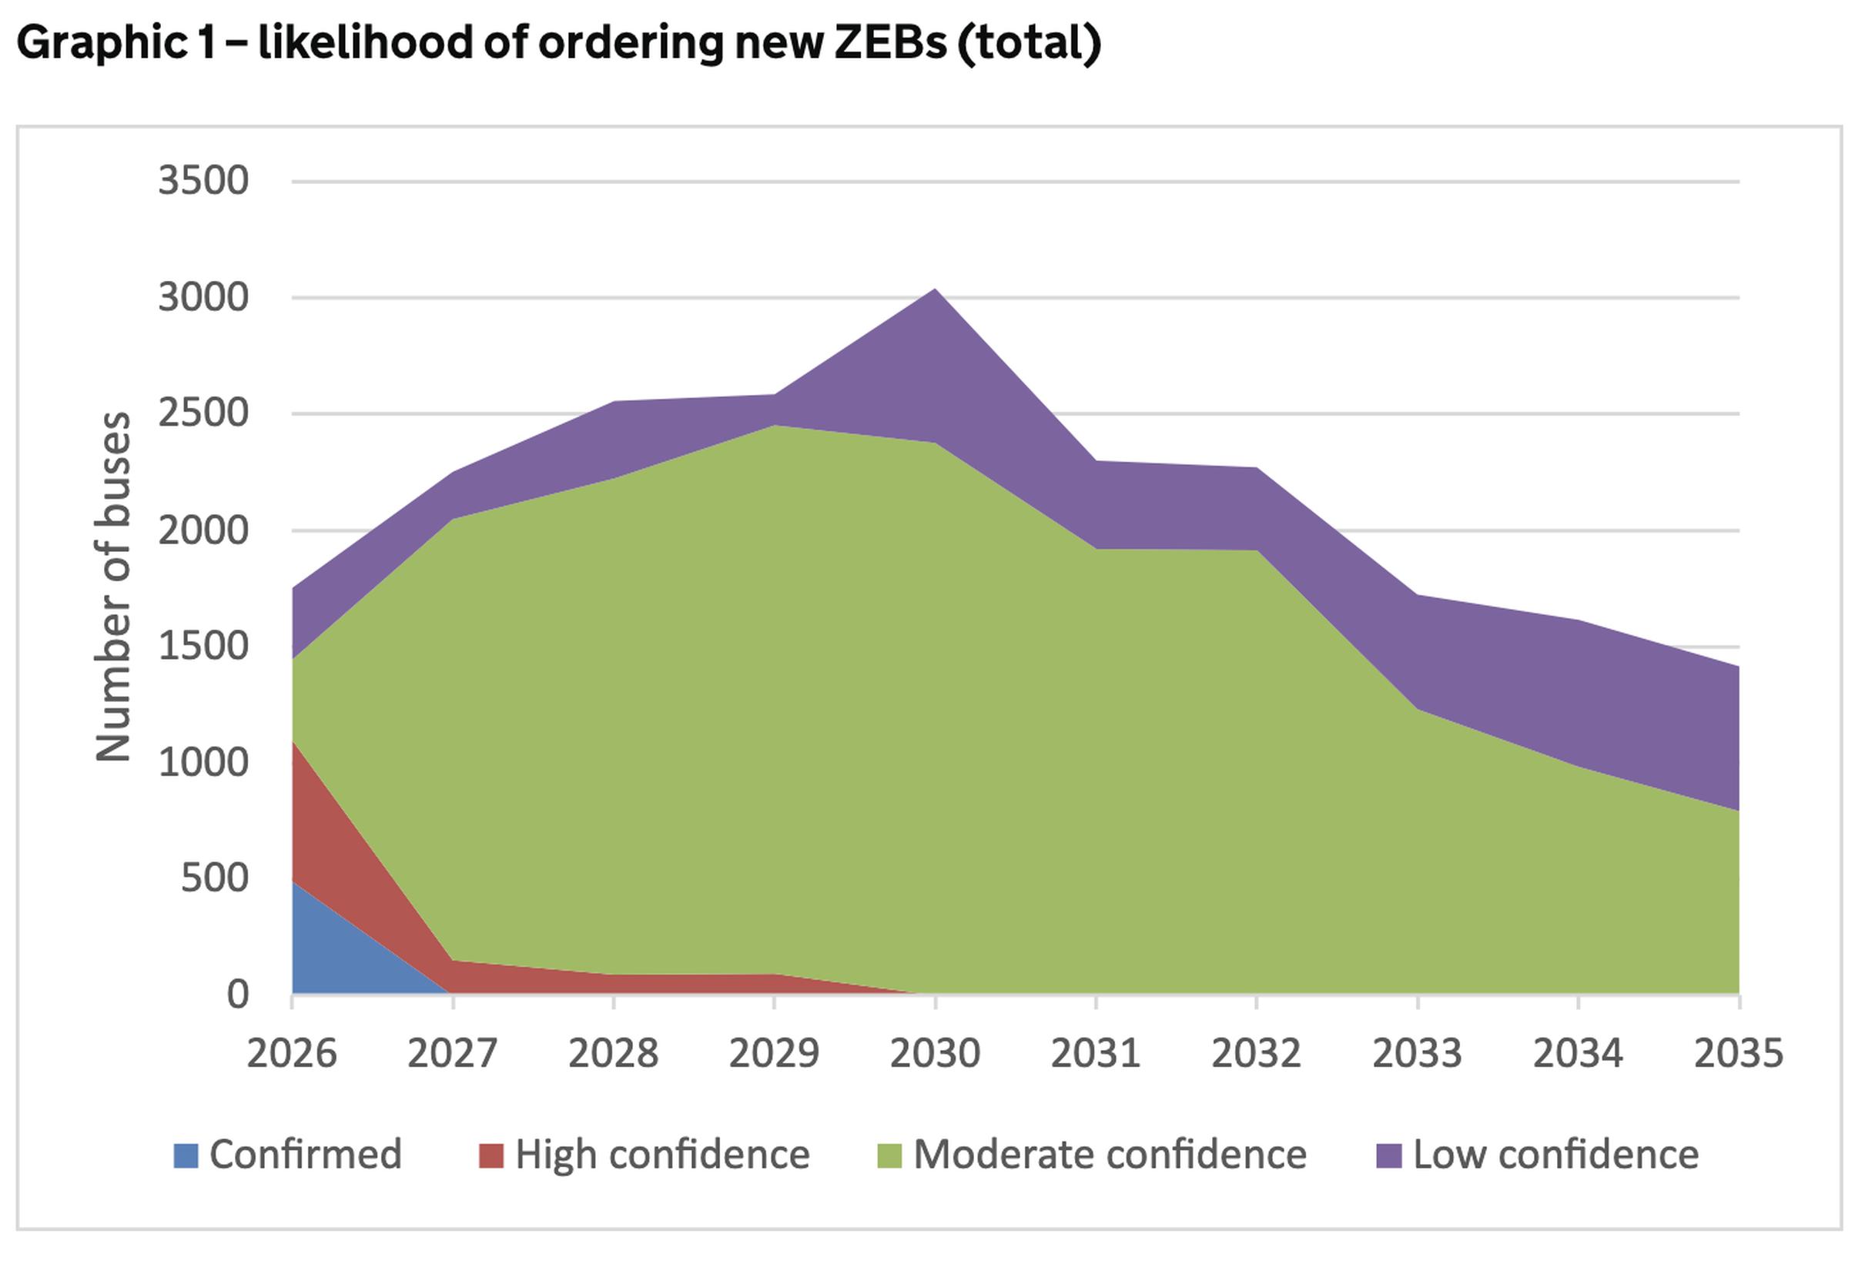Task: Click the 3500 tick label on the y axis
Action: [203, 181]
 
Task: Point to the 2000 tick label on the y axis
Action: [203, 531]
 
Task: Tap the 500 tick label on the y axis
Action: [214, 878]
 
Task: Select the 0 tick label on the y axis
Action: [237, 995]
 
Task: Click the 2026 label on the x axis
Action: [291, 1054]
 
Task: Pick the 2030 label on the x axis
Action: [934, 1054]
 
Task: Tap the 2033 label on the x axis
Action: [1417, 1054]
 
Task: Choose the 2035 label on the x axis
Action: [1739, 1054]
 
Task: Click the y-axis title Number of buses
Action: [113, 586]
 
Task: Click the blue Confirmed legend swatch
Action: [186, 1155]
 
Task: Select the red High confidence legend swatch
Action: [491, 1155]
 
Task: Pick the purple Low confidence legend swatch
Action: [1388, 1155]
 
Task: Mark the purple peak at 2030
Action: [934, 290]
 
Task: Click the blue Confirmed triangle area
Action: [339, 959]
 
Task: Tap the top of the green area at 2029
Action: [774, 426]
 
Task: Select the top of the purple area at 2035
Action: [1737, 667]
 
